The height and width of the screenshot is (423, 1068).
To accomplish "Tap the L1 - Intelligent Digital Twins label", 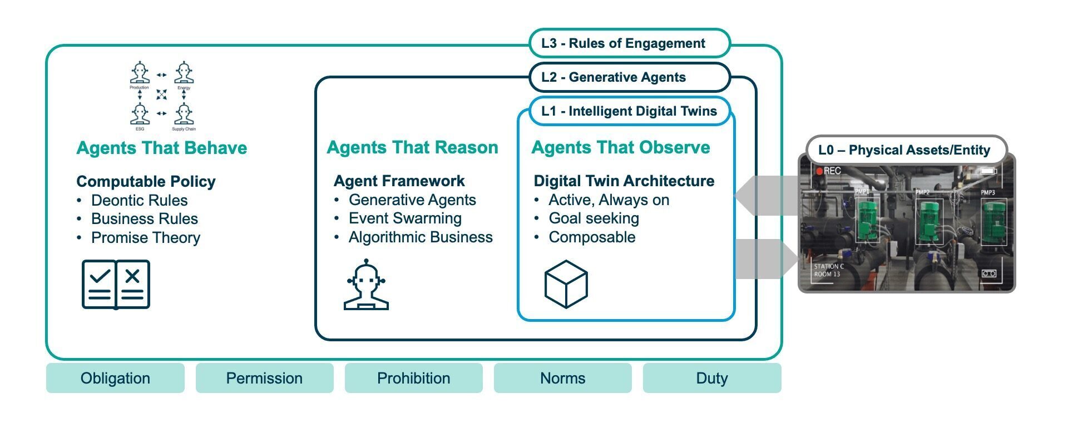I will tap(629, 111).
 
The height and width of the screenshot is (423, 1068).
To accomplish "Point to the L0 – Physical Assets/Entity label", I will tap(904, 150).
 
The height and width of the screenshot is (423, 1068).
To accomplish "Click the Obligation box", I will tap(115, 379).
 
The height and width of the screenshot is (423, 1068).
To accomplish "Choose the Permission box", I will tap(264, 379).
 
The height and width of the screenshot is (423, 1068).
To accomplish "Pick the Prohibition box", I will tap(413, 379).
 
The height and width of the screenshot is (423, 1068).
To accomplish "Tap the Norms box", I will tap(562, 379).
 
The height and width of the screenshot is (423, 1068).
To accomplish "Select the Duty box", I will tap(711, 379).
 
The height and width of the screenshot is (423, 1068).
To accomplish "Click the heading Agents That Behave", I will tap(161, 148).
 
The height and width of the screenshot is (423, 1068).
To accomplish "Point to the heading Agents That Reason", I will tap(412, 147).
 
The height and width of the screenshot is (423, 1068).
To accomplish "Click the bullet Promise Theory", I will tap(145, 238).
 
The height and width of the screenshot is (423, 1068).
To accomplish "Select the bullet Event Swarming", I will tap(405, 218).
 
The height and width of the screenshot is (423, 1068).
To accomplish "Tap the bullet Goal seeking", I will tap(594, 218).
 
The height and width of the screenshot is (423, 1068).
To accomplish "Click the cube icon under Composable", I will tap(566, 284).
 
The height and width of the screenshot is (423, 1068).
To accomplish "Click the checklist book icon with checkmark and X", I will tap(116, 284).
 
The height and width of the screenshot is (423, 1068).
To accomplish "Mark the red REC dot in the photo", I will tap(819, 171).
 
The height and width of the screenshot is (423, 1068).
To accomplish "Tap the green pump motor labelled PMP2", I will tap(929, 224).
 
